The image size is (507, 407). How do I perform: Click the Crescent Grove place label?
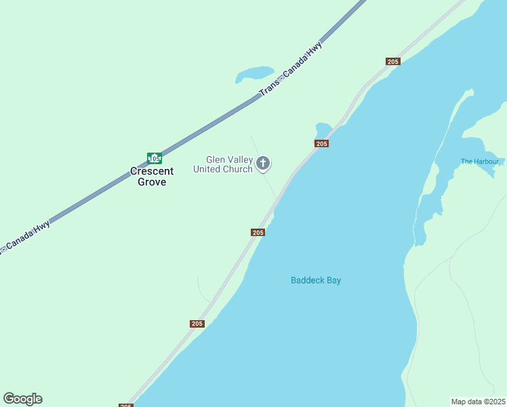point(152,176)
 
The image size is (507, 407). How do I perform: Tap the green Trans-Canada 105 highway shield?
point(155,158)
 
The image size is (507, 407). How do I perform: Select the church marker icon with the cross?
point(264,163)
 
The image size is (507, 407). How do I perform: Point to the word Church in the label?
point(237,169)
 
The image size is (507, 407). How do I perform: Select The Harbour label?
point(479,161)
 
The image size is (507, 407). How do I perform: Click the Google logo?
point(22,399)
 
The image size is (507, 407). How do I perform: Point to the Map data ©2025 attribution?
point(479,402)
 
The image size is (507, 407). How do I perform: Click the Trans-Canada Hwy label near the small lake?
point(291,66)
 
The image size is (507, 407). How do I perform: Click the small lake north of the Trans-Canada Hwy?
point(254,73)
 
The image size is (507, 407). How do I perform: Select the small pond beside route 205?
point(323,128)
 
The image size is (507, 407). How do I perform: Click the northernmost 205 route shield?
point(393,62)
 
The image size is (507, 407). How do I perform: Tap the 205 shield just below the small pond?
point(322,144)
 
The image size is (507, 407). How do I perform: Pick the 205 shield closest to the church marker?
point(258,233)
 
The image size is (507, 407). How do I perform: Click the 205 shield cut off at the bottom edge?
point(126,405)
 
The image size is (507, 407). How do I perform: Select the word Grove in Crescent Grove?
point(152,182)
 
